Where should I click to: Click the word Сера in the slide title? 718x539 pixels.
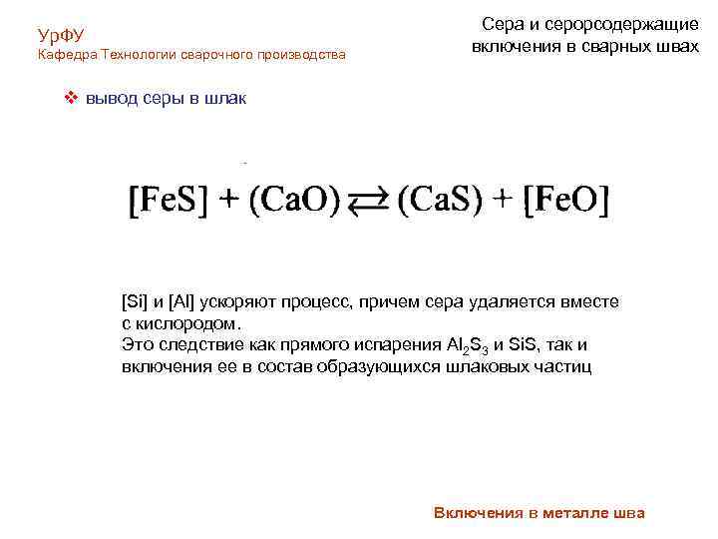tap(503, 24)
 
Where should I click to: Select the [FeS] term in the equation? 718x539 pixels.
tap(169, 201)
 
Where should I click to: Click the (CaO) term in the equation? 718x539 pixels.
tap(294, 201)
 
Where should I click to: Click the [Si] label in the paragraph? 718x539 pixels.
tap(134, 301)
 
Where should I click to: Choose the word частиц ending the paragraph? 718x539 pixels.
tap(562, 367)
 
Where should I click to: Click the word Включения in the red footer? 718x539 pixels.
tap(478, 513)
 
